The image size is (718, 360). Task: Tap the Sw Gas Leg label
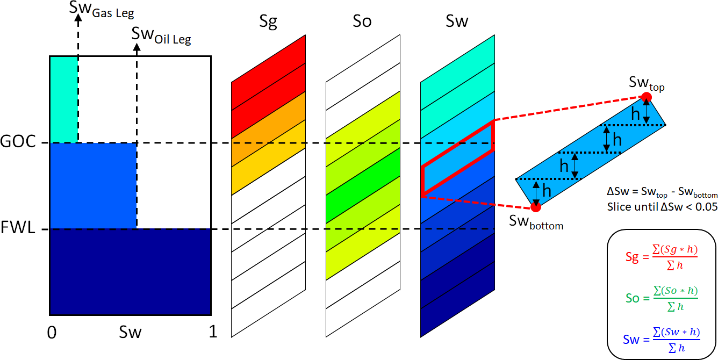(102, 10)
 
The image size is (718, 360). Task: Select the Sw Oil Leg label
(161, 36)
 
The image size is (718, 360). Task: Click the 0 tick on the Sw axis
(52, 333)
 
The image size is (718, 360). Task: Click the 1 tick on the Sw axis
(213, 333)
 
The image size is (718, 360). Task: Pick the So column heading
(362, 22)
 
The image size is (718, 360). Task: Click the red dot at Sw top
(647, 97)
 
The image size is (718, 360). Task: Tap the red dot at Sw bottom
(535, 207)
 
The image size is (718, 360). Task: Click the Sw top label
(647, 83)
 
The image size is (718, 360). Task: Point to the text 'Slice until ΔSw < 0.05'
(662, 206)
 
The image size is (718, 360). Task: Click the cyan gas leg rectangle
(63, 99)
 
